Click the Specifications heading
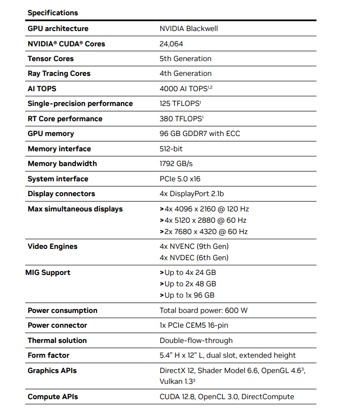click(53, 13)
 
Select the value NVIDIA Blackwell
click(188, 29)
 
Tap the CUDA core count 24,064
click(171, 44)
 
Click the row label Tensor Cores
click(50, 59)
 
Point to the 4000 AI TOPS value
click(186, 89)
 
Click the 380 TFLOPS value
click(181, 119)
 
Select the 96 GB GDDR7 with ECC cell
click(200, 134)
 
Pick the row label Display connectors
click(61, 194)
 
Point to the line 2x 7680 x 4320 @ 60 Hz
click(204, 232)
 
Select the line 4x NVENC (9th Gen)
click(194, 246)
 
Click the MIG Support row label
click(48, 273)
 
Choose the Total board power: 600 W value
click(204, 310)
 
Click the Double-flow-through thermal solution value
click(196, 341)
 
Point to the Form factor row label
click(48, 355)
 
